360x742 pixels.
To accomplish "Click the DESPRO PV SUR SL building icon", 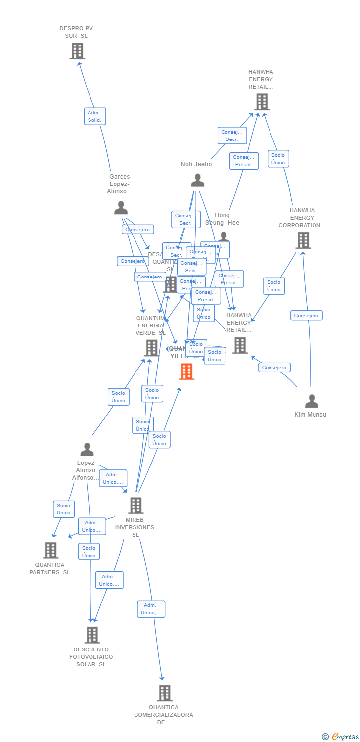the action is [x=77, y=51].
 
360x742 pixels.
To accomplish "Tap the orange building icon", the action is [x=186, y=371].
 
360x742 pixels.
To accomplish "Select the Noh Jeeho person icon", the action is [x=197, y=181].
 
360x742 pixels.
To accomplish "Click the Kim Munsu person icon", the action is [x=311, y=401].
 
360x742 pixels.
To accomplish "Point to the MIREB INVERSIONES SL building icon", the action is [x=135, y=506].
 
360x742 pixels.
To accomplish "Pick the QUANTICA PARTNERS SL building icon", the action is [x=50, y=550].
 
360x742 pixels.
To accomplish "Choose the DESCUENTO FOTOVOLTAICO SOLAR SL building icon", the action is [x=92, y=635].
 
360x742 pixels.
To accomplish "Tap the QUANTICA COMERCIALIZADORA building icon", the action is [x=164, y=693].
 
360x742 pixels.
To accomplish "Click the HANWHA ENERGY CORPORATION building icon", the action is [x=303, y=240].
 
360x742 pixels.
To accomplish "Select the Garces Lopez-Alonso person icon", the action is [x=121, y=208].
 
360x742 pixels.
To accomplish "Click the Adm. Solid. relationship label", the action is [x=94, y=116].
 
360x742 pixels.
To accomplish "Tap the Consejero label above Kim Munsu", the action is [x=306, y=315].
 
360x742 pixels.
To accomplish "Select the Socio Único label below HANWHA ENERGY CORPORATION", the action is [x=273, y=286].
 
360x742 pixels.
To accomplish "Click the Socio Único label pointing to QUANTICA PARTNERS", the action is [x=64, y=509].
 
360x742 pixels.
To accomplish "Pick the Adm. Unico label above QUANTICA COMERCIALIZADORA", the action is [x=151, y=609].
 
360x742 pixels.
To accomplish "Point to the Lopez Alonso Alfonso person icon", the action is [x=87, y=450].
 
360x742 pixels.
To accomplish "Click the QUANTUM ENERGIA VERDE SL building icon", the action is [x=151, y=348].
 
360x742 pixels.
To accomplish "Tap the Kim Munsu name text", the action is [x=310, y=415].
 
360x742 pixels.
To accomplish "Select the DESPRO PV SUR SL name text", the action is [x=76, y=32].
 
